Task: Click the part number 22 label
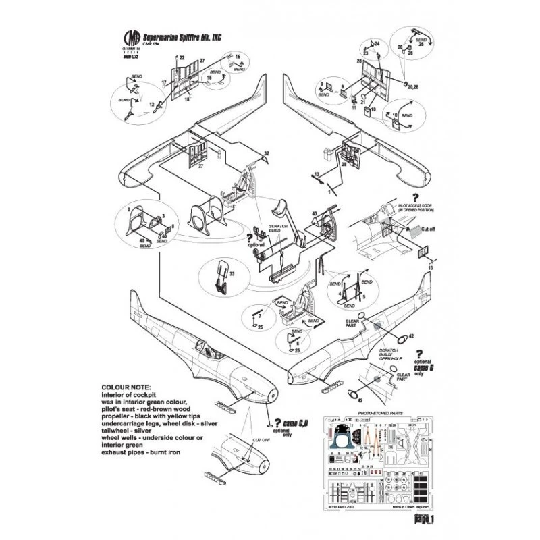182,59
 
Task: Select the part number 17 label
163,83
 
